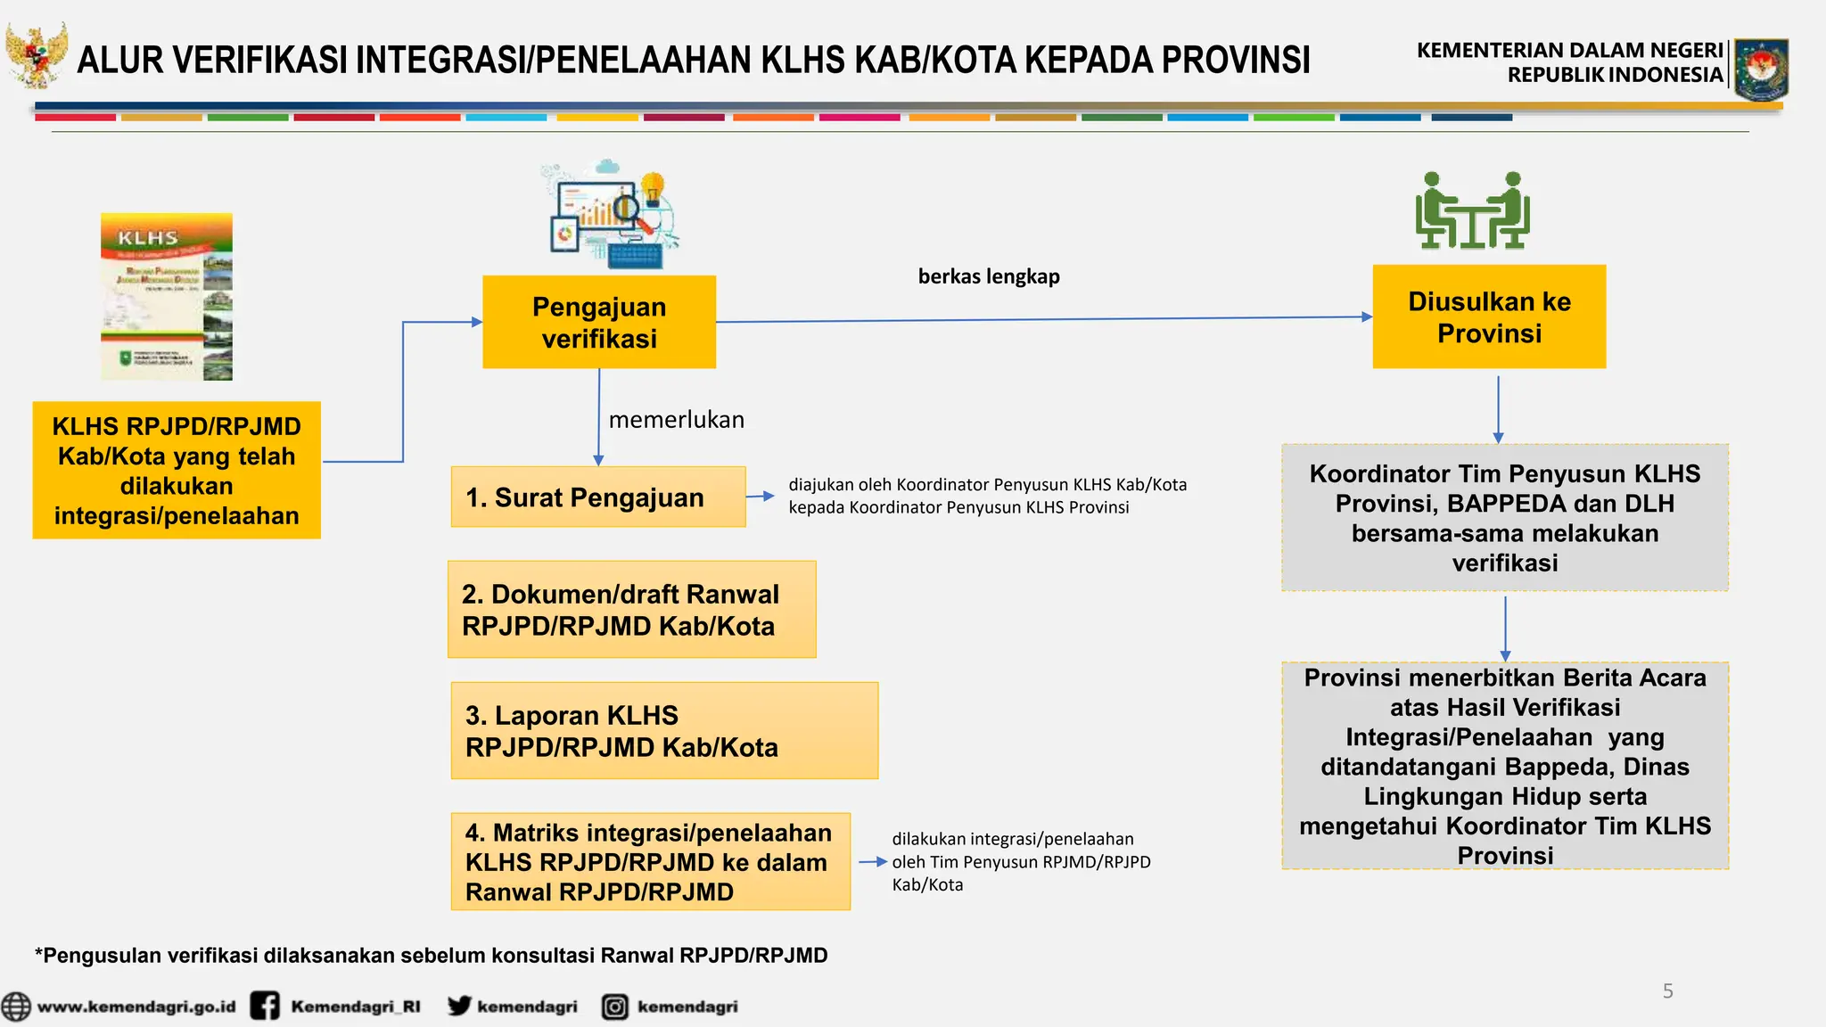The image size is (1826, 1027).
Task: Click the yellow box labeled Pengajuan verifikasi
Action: pyautogui.click(x=599, y=322)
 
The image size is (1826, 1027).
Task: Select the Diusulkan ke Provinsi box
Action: pyautogui.click(x=1489, y=316)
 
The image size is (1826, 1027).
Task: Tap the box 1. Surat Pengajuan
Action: pyautogui.click(x=597, y=497)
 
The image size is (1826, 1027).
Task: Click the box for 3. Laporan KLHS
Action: pyautogui.click(x=664, y=730)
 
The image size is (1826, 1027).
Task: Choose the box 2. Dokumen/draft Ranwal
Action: pyautogui.click(x=631, y=610)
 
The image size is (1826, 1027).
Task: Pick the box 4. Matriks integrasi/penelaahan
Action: pyautogui.click(x=650, y=861)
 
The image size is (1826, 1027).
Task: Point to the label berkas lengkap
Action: pyautogui.click(x=989, y=276)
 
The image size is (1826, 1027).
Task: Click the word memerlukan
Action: pyautogui.click(x=676, y=420)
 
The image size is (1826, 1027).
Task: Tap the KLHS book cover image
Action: pyautogui.click(x=167, y=297)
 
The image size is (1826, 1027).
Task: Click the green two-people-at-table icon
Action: pyautogui.click(x=1472, y=210)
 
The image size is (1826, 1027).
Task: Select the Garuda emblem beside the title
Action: pyautogui.click(x=37, y=55)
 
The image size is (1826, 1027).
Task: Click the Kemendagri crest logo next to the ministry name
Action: pyautogui.click(x=1761, y=69)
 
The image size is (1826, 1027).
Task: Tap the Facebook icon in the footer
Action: pyautogui.click(x=265, y=1006)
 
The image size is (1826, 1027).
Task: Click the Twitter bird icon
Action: pyautogui.click(x=460, y=1006)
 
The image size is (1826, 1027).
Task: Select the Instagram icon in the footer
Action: pyautogui.click(x=614, y=1006)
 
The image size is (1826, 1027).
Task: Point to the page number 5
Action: pyautogui.click(x=1667, y=990)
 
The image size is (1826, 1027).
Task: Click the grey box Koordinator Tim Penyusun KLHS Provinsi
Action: pyautogui.click(x=1505, y=518)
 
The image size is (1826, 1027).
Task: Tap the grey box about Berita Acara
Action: pyautogui.click(x=1505, y=766)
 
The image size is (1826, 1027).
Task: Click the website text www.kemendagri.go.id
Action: pyautogui.click(x=136, y=1006)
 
